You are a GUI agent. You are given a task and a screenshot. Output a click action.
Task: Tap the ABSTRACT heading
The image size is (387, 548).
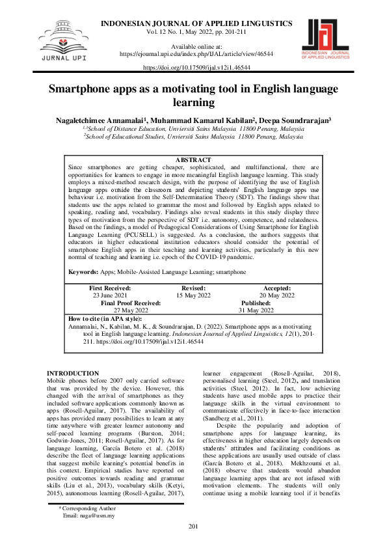click(193, 160)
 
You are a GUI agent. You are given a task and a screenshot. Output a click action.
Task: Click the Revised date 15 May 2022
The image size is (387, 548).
click(193, 295)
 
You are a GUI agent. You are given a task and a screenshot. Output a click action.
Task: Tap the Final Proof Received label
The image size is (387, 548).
click(130, 303)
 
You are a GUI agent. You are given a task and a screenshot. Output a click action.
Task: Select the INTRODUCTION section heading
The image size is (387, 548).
click(73, 373)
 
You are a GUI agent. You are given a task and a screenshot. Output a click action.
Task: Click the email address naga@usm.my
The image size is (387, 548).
click(88, 533)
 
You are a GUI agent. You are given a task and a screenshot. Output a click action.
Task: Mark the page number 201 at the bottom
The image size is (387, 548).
click(193, 544)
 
